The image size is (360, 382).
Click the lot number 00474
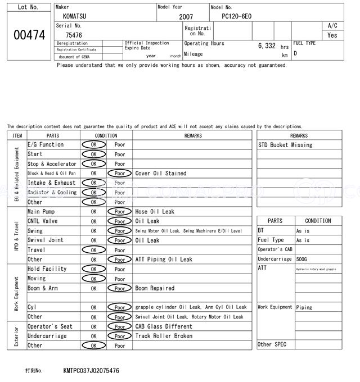tap(29, 35)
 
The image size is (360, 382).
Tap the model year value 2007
tap(186, 17)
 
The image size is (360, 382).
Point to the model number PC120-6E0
tap(237, 16)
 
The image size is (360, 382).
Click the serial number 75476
tap(74, 35)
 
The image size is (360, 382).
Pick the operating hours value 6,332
tap(267, 46)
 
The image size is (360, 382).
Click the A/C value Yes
tap(332, 35)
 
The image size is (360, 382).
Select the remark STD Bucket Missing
tap(285, 145)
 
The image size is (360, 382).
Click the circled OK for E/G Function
tap(93, 144)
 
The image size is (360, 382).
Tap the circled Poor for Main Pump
tap(119, 212)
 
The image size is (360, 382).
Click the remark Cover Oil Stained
tap(161, 174)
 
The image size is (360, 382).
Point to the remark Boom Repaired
tap(155, 288)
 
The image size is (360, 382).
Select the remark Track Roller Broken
tap(164, 336)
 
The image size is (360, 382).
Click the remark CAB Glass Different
tap(164, 326)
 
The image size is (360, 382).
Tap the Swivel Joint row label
tap(46, 240)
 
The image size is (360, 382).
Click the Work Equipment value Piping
tap(304, 307)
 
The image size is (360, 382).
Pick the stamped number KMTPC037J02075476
tap(91, 371)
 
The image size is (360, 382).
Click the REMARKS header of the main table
tap(192, 135)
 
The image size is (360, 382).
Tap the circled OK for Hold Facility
tap(93, 269)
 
